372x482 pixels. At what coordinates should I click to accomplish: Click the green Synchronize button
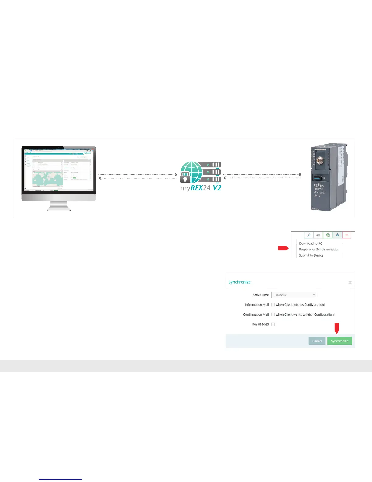(339, 341)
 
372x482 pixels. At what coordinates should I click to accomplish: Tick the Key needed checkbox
(273, 324)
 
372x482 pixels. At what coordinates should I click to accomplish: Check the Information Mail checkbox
(273, 305)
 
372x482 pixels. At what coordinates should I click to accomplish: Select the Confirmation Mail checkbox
(273, 315)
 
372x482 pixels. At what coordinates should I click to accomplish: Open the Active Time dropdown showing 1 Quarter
(294, 295)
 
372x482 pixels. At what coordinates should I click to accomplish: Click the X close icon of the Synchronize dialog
(350, 283)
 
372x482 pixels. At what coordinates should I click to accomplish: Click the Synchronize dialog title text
(239, 282)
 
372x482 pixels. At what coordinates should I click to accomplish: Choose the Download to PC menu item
(310, 243)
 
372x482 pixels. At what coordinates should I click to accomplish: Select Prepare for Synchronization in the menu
(319, 250)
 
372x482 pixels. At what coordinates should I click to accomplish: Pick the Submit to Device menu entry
(311, 255)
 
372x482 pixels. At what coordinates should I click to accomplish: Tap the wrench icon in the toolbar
(308, 235)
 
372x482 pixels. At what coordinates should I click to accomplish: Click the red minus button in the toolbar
(346, 235)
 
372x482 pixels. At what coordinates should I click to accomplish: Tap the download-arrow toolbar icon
(337, 235)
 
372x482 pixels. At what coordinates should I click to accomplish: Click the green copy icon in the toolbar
(328, 235)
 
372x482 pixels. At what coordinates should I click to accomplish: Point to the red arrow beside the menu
(283, 248)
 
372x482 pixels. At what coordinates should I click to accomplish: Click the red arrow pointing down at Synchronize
(337, 328)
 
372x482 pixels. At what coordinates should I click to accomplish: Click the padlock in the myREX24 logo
(185, 177)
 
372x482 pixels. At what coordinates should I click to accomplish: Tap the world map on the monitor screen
(47, 179)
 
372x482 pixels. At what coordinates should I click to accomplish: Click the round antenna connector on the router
(319, 160)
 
